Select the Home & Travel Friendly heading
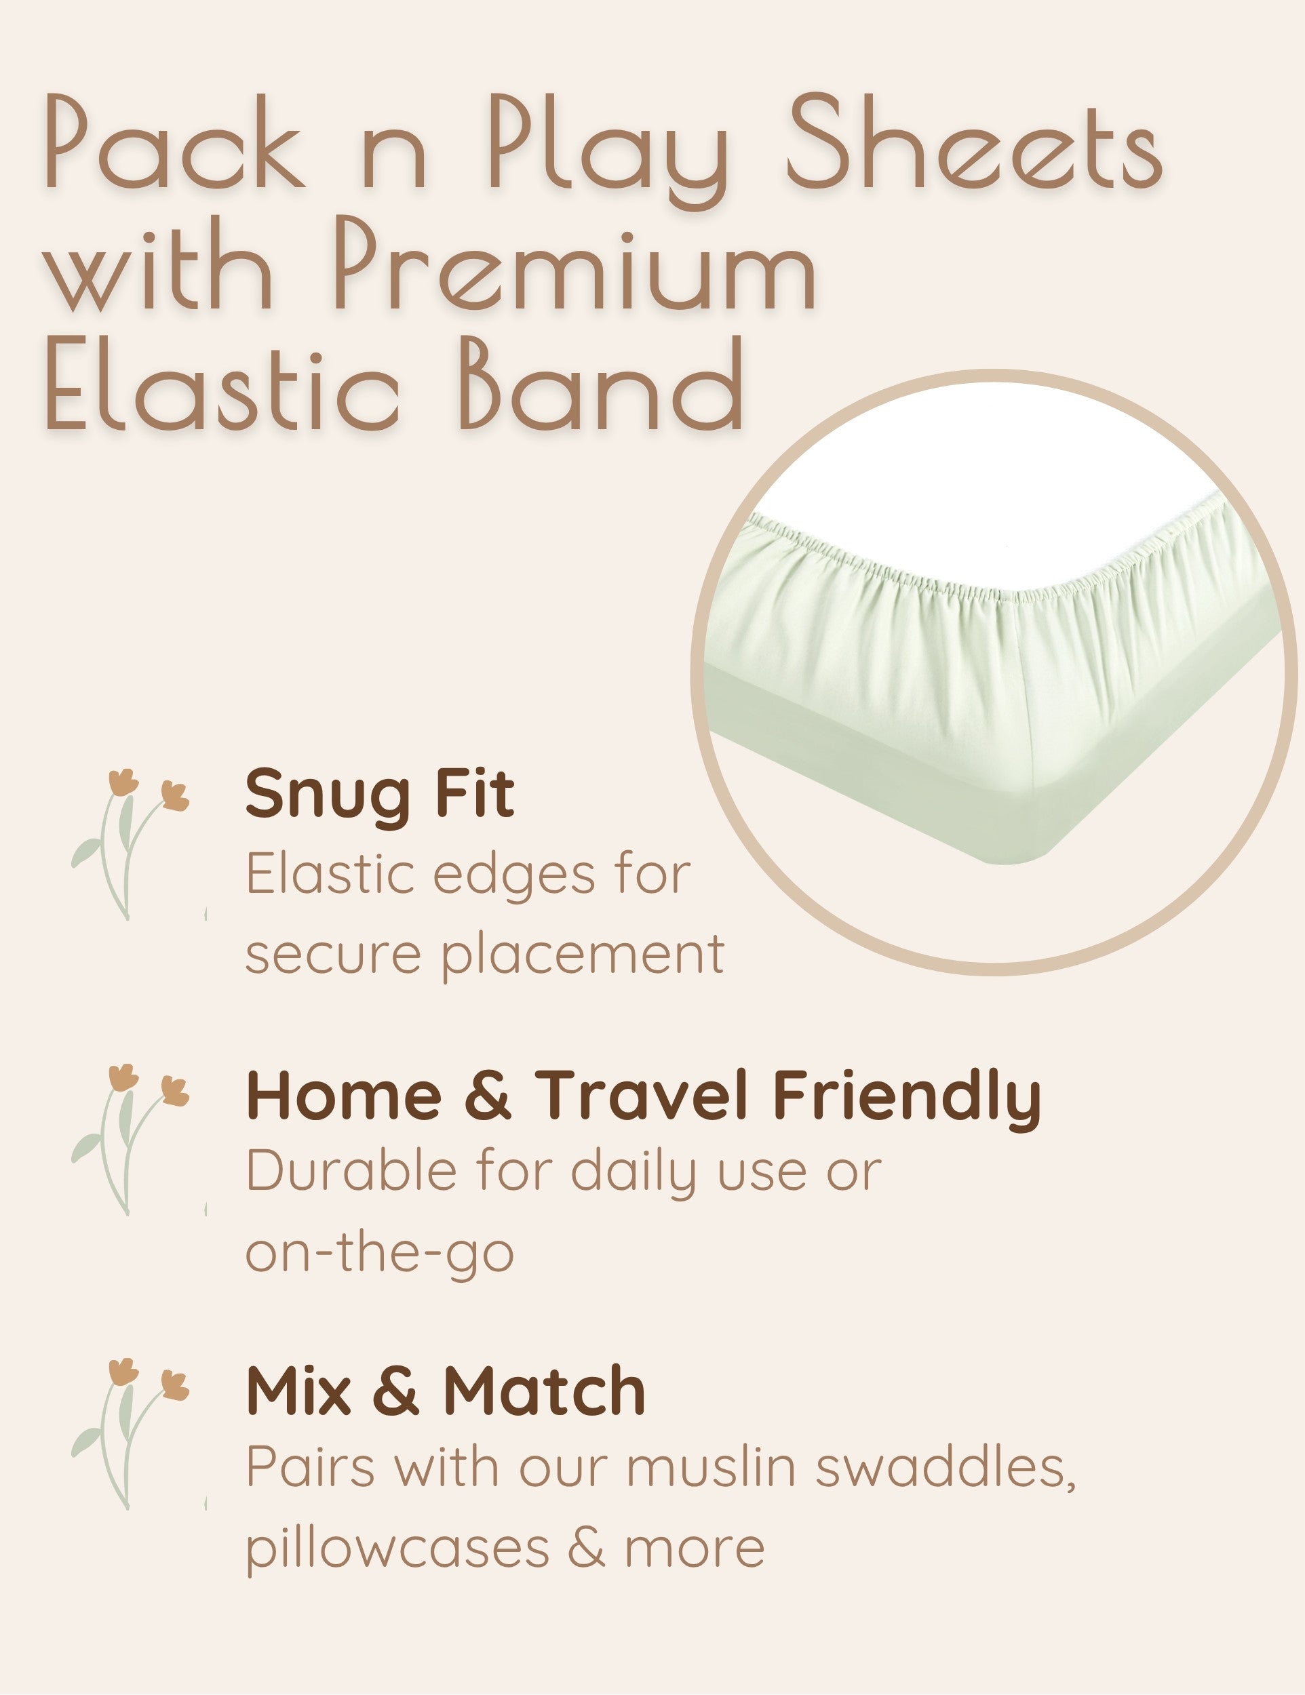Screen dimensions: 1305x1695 point(644,1096)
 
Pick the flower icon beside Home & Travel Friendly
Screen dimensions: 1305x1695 point(130,1139)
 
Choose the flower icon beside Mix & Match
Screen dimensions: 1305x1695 point(130,1433)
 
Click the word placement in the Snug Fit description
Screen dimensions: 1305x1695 point(583,955)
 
